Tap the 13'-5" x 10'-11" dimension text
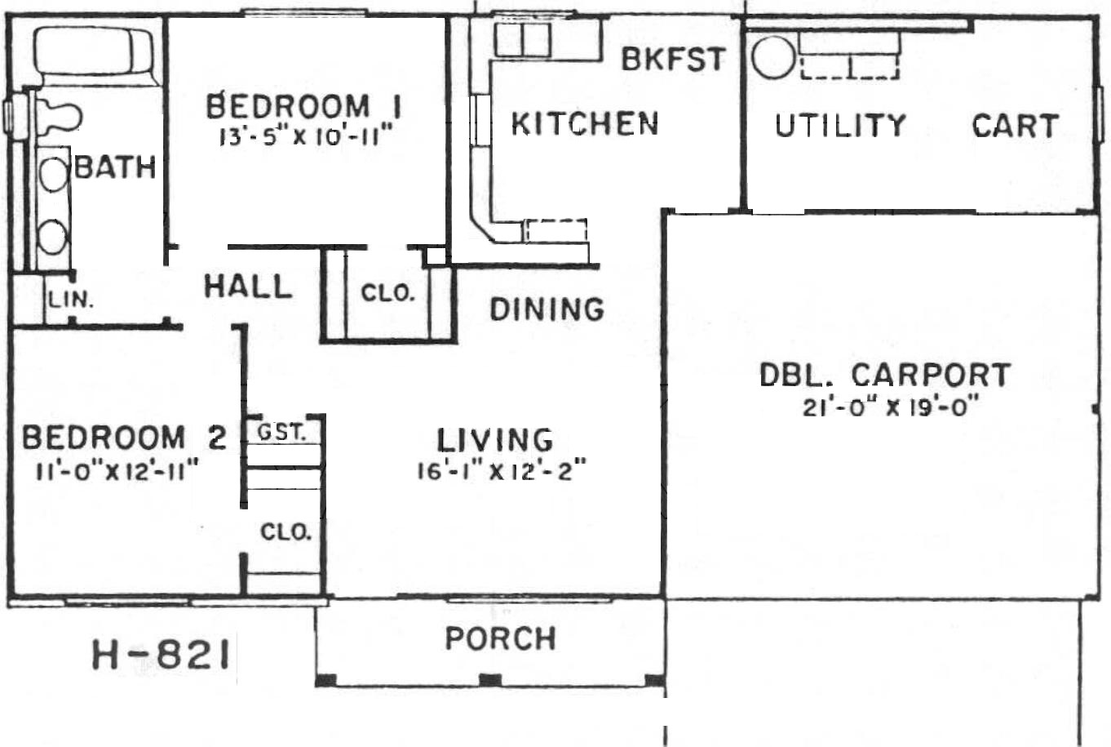pyautogui.click(x=306, y=135)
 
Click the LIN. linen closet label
pyautogui.click(x=71, y=300)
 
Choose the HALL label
pyautogui.click(x=248, y=287)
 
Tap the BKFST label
pyautogui.click(x=674, y=59)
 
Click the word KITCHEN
pyautogui.click(x=585, y=123)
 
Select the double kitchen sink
pyautogui.click(x=522, y=40)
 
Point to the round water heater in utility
pyautogui.click(x=773, y=58)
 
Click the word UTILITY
pyautogui.click(x=841, y=125)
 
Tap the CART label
pyautogui.click(x=1016, y=126)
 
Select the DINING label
pyautogui.click(x=547, y=309)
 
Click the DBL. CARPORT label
pyautogui.click(x=885, y=375)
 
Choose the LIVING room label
pyautogui.click(x=495, y=439)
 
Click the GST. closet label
pyautogui.click(x=281, y=433)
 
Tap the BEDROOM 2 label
pyautogui.click(x=124, y=438)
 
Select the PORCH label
pyautogui.click(x=501, y=638)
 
